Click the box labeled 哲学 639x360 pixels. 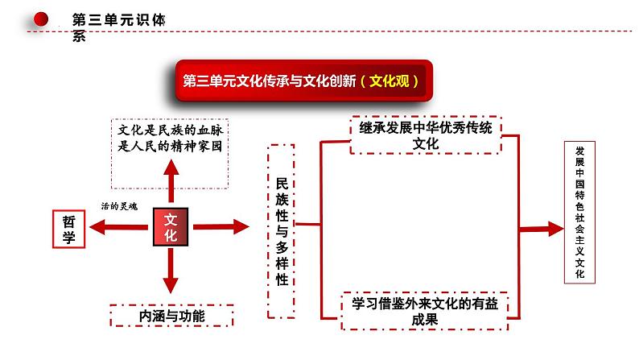[x=68, y=228]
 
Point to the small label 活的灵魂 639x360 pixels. [x=118, y=205]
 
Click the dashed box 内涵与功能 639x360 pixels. [x=171, y=316]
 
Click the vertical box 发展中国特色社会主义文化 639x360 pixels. [x=581, y=213]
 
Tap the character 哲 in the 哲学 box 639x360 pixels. [x=68, y=219]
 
